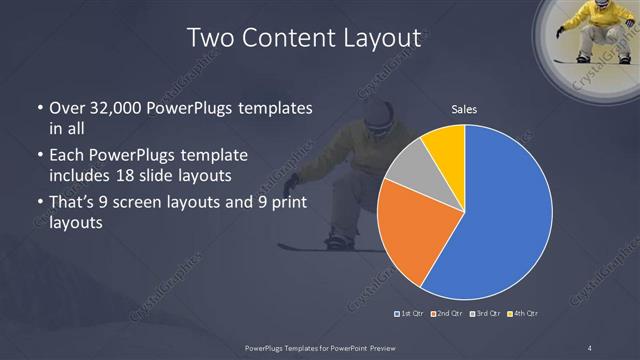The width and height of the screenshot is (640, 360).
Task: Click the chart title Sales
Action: coord(464,109)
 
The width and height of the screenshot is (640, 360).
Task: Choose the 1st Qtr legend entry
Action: coord(411,314)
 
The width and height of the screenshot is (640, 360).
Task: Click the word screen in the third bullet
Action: coord(157,203)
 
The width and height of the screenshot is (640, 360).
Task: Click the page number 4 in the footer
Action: coord(590,347)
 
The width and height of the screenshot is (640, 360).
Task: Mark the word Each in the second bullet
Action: coord(66,157)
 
